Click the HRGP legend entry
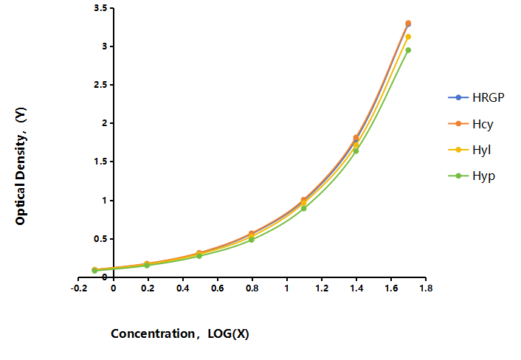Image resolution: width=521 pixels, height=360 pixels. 476,97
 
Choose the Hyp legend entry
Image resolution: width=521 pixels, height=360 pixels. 472,176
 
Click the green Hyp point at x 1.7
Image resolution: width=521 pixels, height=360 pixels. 408,50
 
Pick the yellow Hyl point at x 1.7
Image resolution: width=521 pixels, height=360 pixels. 408,37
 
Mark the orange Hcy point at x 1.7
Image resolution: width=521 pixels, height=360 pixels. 408,23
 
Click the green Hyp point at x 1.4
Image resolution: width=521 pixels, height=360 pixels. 356,151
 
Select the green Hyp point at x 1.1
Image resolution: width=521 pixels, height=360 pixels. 303,209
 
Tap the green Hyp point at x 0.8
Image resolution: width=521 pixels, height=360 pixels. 252,240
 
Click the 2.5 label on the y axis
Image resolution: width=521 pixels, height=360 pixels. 100,85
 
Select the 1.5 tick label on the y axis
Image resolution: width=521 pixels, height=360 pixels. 100,162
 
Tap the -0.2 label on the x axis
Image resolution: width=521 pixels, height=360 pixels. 79,288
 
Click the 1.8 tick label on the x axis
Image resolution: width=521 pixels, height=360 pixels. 426,288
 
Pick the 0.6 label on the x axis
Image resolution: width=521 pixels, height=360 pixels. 217,288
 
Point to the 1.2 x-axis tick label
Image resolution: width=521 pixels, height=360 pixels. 322,288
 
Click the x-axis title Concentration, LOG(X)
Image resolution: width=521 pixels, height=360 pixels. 180,333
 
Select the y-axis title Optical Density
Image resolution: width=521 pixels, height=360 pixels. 21,166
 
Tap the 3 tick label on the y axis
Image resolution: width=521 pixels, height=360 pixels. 105,46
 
